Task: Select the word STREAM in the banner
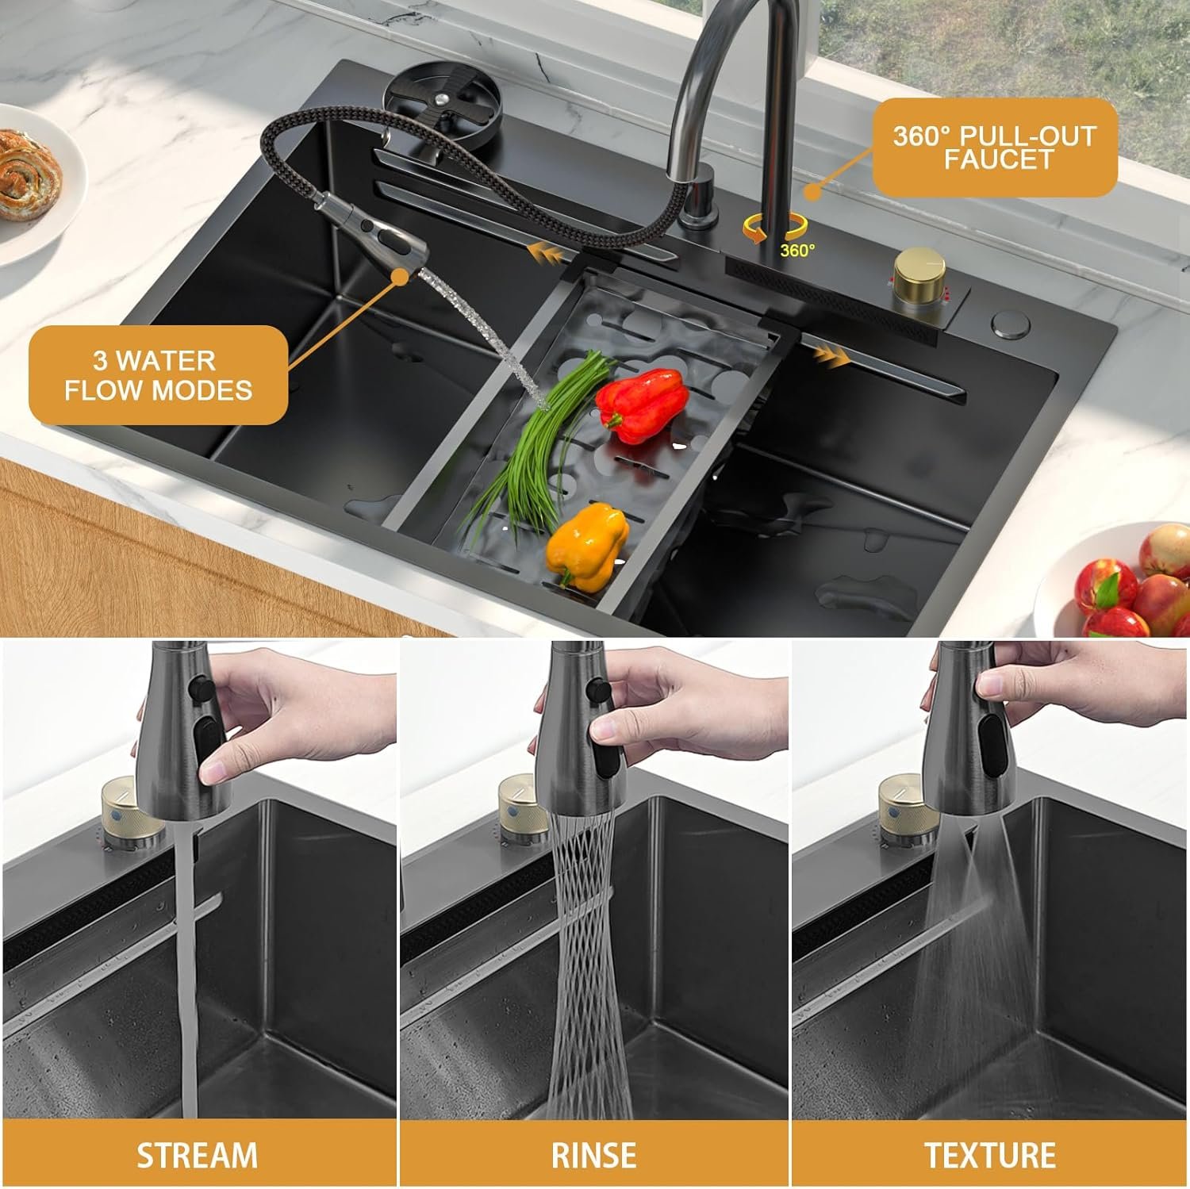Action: tap(198, 1155)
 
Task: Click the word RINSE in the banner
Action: tap(594, 1155)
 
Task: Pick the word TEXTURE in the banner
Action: tap(990, 1155)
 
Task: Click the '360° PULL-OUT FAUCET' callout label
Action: tap(995, 148)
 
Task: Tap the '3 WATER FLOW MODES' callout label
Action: tap(159, 375)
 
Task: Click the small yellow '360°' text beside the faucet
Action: tap(797, 251)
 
